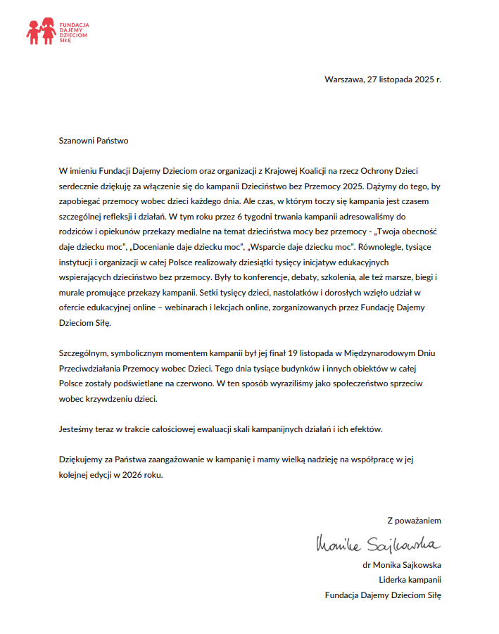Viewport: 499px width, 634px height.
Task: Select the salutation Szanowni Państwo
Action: (94, 141)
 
